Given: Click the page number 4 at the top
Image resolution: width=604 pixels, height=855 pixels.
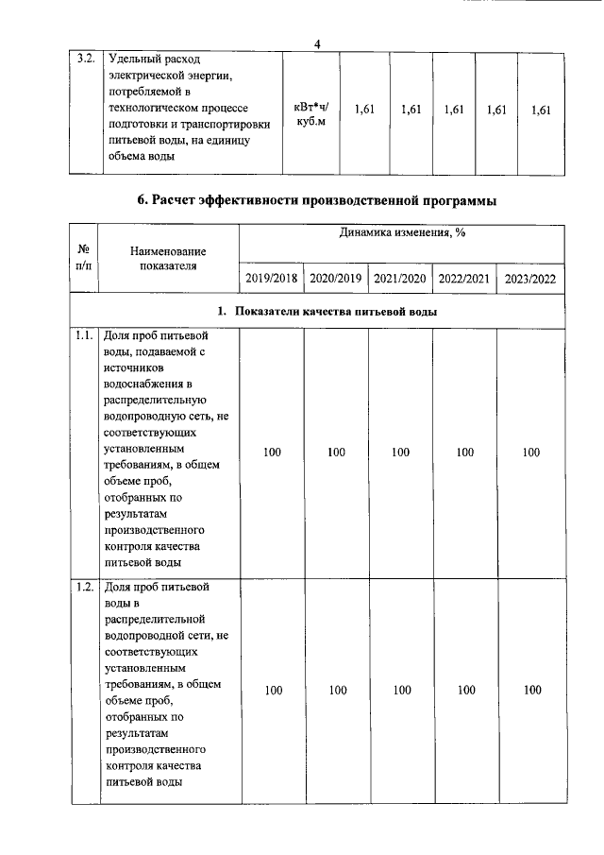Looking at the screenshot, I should [318, 42].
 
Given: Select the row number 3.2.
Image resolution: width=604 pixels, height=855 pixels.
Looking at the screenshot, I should [85, 59].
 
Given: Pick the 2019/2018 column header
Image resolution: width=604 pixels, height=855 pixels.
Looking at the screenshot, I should [272, 278].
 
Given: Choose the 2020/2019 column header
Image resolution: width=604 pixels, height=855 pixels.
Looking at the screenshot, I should [336, 278].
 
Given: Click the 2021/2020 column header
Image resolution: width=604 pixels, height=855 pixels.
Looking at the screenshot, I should [400, 278].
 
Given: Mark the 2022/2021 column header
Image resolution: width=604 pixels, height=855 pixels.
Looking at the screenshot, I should [464, 278].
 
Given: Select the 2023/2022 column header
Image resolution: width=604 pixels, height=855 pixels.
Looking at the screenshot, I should [530, 278].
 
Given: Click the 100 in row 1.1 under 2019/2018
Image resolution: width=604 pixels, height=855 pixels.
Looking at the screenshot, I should [272, 453].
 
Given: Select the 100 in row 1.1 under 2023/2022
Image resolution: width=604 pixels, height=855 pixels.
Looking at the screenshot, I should [530, 453].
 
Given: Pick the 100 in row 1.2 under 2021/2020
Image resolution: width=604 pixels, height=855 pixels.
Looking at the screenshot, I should [402, 691].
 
